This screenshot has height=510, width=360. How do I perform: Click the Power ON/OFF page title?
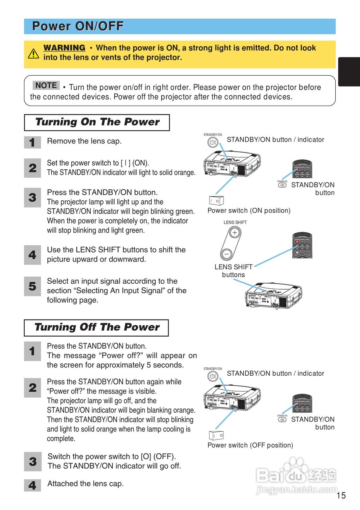click(x=78, y=26)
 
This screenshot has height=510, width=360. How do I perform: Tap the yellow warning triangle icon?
click(x=33, y=53)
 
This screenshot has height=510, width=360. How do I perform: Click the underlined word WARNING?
click(x=64, y=48)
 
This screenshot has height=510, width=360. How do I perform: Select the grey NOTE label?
click(x=46, y=85)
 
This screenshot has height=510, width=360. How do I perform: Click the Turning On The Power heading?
click(x=97, y=122)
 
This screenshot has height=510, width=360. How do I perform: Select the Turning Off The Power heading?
click(x=96, y=328)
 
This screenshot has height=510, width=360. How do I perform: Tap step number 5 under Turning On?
click(x=32, y=286)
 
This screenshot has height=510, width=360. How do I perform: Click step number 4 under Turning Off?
click(x=32, y=486)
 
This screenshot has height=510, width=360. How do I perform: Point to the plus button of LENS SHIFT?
click(x=235, y=232)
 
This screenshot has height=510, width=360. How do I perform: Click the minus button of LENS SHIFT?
click(x=226, y=253)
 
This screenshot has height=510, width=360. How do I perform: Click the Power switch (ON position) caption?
click(x=249, y=210)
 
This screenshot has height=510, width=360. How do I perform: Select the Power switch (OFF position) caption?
click(x=250, y=445)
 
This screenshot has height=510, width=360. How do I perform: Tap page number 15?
click(x=341, y=496)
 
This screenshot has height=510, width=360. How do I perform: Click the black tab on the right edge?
click(x=349, y=72)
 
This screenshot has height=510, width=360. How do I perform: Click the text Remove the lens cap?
click(x=84, y=141)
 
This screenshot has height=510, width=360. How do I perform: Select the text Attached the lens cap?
click(x=86, y=484)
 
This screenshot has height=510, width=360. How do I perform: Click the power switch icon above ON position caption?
click(x=216, y=200)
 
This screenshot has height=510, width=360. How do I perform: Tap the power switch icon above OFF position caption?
click(x=216, y=435)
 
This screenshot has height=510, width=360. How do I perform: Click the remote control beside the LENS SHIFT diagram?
click(x=302, y=245)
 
